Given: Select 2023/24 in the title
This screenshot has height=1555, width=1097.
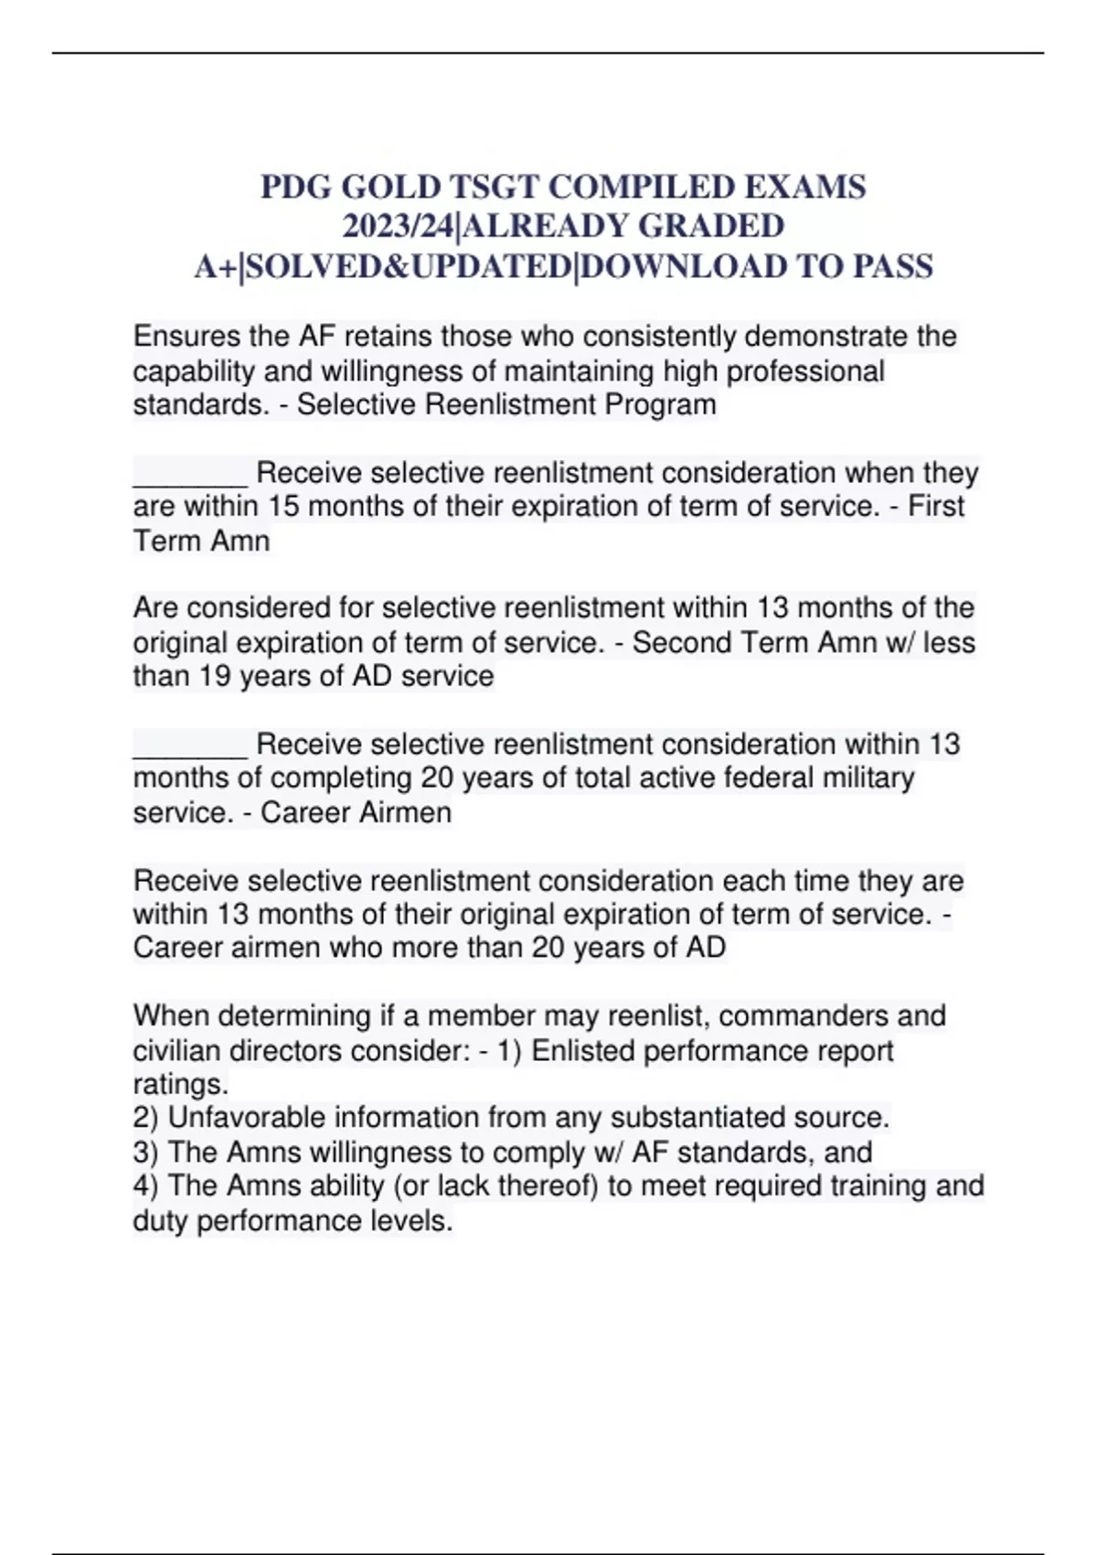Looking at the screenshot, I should pyautogui.click(x=398, y=227).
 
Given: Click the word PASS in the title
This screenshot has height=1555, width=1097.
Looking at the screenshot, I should pyautogui.click(x=892, y=266).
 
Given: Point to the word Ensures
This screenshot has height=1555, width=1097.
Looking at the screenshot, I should pyautogui.click(x=188, y=337).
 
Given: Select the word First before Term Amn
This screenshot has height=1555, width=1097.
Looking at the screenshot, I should pyautogui.click(x=935, y=506).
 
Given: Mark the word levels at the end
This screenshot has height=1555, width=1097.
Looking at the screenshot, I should pyautogui.click(x=411, y=1220).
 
